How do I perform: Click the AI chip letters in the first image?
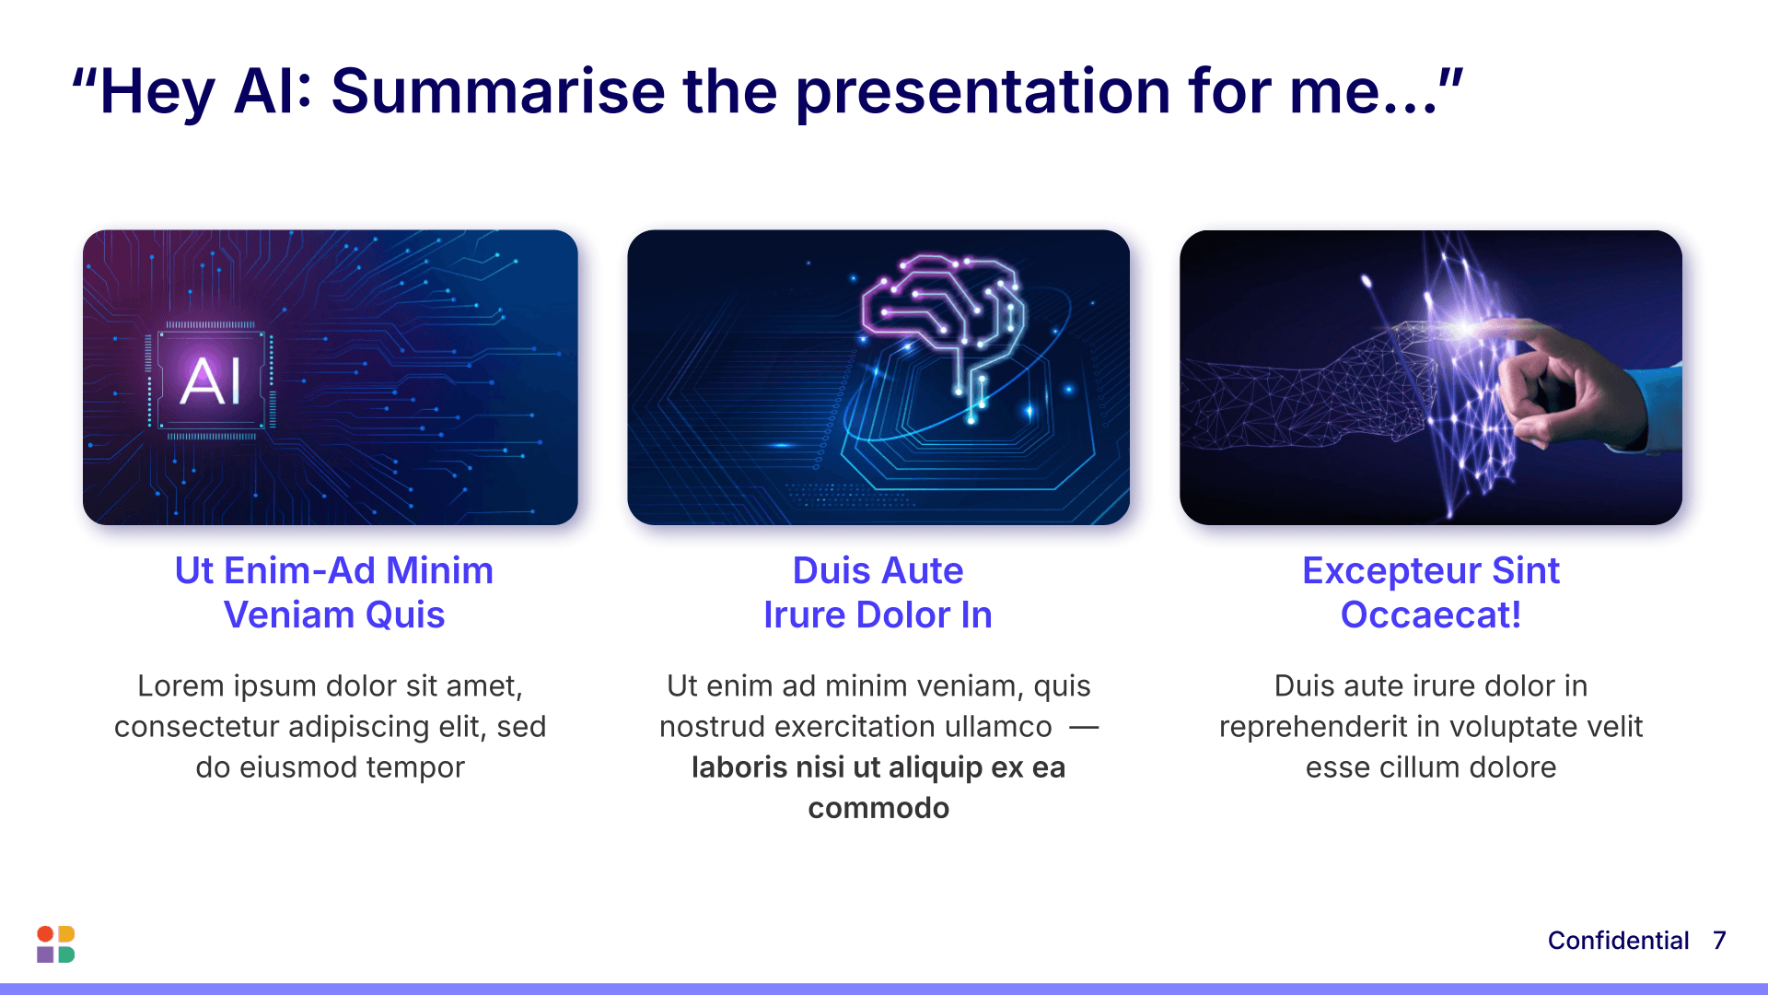click(211, 380)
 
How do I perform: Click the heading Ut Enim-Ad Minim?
click(334, 571)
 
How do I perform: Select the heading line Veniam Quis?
click(334, 615)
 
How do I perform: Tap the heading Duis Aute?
click(878, 571)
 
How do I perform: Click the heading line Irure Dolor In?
click(878, 615)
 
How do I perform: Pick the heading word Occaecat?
click(1431, 615)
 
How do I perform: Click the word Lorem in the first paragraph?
click(180, 686)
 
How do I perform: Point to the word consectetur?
click(197, 727)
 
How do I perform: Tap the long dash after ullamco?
click(1084, 727)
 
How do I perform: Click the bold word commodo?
click(878, 808)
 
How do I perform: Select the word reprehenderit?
click(1313, 728)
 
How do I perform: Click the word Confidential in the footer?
click(1618, 941)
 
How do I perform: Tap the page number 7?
click(1719, 941)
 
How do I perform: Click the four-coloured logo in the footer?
click(55, 944)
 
